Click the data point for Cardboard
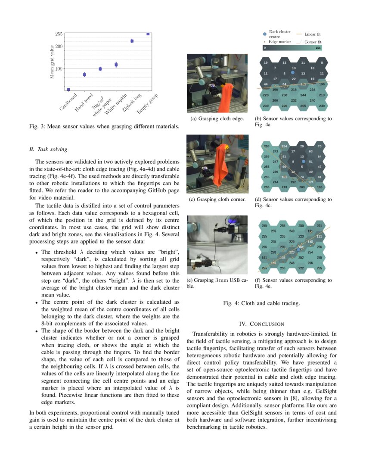tap(68, 89)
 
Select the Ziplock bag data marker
tap(132, 41)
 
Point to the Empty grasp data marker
tap(148, 34)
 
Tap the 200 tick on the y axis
tap(59, 46)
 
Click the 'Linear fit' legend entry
tap(312, 34)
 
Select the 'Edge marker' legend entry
tap(279, 42)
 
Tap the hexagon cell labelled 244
tap(303, 95)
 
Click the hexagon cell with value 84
tap(284, 84)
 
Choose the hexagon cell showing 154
tap(284, 147)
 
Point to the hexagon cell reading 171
tap(310, 182)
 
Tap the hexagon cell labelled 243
tap(292, 231)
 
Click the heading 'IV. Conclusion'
tap(261, 324)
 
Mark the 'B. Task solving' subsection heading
tap(48, 150)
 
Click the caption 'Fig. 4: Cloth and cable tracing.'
tap(261, 303)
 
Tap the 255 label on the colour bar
tap(318, 48)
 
